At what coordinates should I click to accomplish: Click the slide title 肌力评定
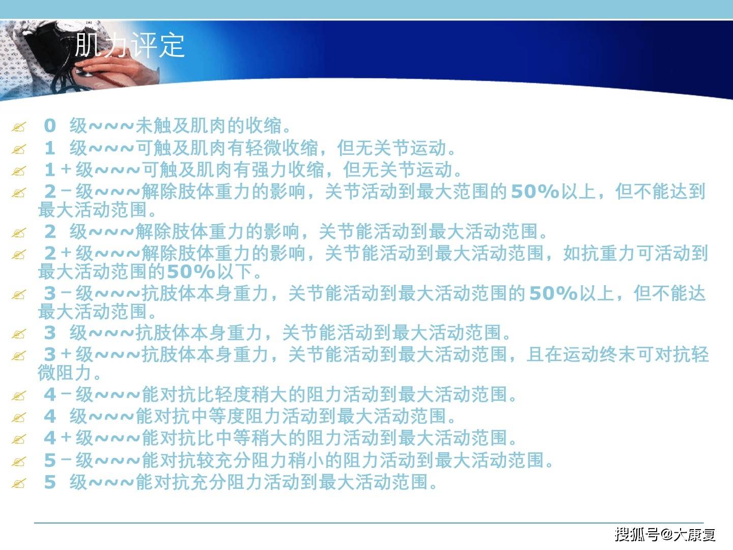click(129, 45)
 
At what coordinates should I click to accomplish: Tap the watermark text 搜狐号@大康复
click(665, 534)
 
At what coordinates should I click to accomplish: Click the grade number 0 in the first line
click(50, 126)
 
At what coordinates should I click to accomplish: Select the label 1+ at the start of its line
click(58, 169)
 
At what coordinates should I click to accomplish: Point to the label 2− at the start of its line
click(58, 191)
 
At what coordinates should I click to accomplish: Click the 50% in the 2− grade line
click(535, 191)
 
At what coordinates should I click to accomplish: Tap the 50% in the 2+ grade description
click(191, 271)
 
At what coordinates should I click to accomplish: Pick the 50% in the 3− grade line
click(553, 293)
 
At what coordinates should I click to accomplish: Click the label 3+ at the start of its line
click(58, 354)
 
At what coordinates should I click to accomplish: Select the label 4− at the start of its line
click(58, 394)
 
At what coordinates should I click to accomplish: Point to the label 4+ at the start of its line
click(58, 438)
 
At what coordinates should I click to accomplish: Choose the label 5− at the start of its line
click(58, 460)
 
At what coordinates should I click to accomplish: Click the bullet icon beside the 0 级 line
click(19, 127)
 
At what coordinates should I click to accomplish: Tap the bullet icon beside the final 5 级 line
click(19, 483)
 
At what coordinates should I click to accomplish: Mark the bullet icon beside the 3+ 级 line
click(19, 355)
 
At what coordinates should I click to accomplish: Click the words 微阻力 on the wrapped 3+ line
click(65, 373)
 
